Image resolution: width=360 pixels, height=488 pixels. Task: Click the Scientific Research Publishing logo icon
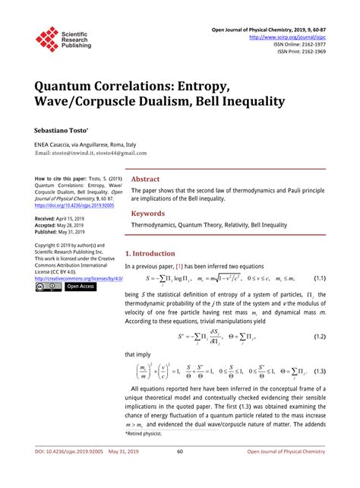(47, 38)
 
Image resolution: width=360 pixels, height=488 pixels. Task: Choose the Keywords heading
(150, 214)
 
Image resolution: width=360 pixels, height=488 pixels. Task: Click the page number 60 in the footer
(180, 472)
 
